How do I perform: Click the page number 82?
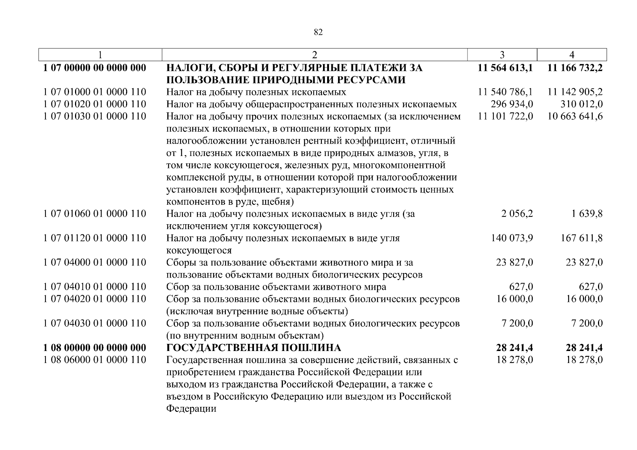tap(318, 32)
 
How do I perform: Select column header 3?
tap(502, 55)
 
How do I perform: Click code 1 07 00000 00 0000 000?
tap(95, 68)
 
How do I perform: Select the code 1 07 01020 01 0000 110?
tap(95, 104)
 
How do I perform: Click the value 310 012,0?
tap(581, 104)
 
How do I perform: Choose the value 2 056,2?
tap(517, 214)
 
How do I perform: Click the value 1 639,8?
tap(587, 214)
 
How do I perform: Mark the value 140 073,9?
tap(512, 238)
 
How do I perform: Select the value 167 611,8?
tap(581, 238)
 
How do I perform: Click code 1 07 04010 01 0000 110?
tap(95, 287)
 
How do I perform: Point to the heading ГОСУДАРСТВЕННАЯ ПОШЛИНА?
tap(254, 348)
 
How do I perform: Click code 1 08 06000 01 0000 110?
tap(95, 360)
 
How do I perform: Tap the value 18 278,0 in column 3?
tap(514, 360)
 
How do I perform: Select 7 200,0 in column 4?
tap(587, 323)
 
